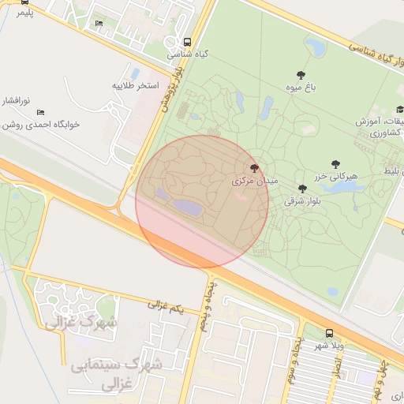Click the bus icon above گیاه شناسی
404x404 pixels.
(187, 43)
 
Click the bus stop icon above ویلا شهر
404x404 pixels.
(329, 333)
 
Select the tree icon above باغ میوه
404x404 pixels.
(301, 75)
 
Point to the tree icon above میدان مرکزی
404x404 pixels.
(254, 168)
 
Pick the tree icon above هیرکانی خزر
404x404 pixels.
(336, 164)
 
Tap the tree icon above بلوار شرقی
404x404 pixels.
(302, 189)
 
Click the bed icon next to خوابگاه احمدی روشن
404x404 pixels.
(41, 113)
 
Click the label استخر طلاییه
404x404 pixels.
(135, 84)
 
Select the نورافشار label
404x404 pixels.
(14, 101)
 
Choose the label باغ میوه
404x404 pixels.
(301, 88)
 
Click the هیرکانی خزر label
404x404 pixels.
(336, 176)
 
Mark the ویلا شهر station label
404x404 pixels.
(330, 346)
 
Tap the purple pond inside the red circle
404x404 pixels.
(186, 207)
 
